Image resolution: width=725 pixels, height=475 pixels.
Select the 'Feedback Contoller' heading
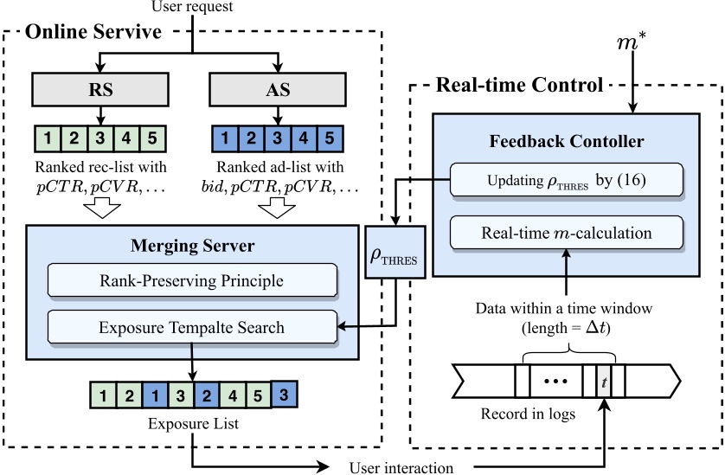(x=565, y=140)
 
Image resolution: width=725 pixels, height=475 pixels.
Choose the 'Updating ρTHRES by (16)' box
(x=567, y=182)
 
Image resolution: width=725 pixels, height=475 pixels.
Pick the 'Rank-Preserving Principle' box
(x=192, y=280)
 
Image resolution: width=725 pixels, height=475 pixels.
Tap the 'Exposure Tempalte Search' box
(x=192, y=327)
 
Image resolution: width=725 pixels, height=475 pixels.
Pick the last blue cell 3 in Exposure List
(x=285, y=394)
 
